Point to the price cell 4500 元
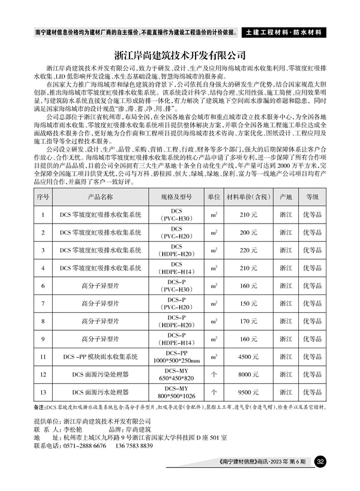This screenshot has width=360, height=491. point(248,356)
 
